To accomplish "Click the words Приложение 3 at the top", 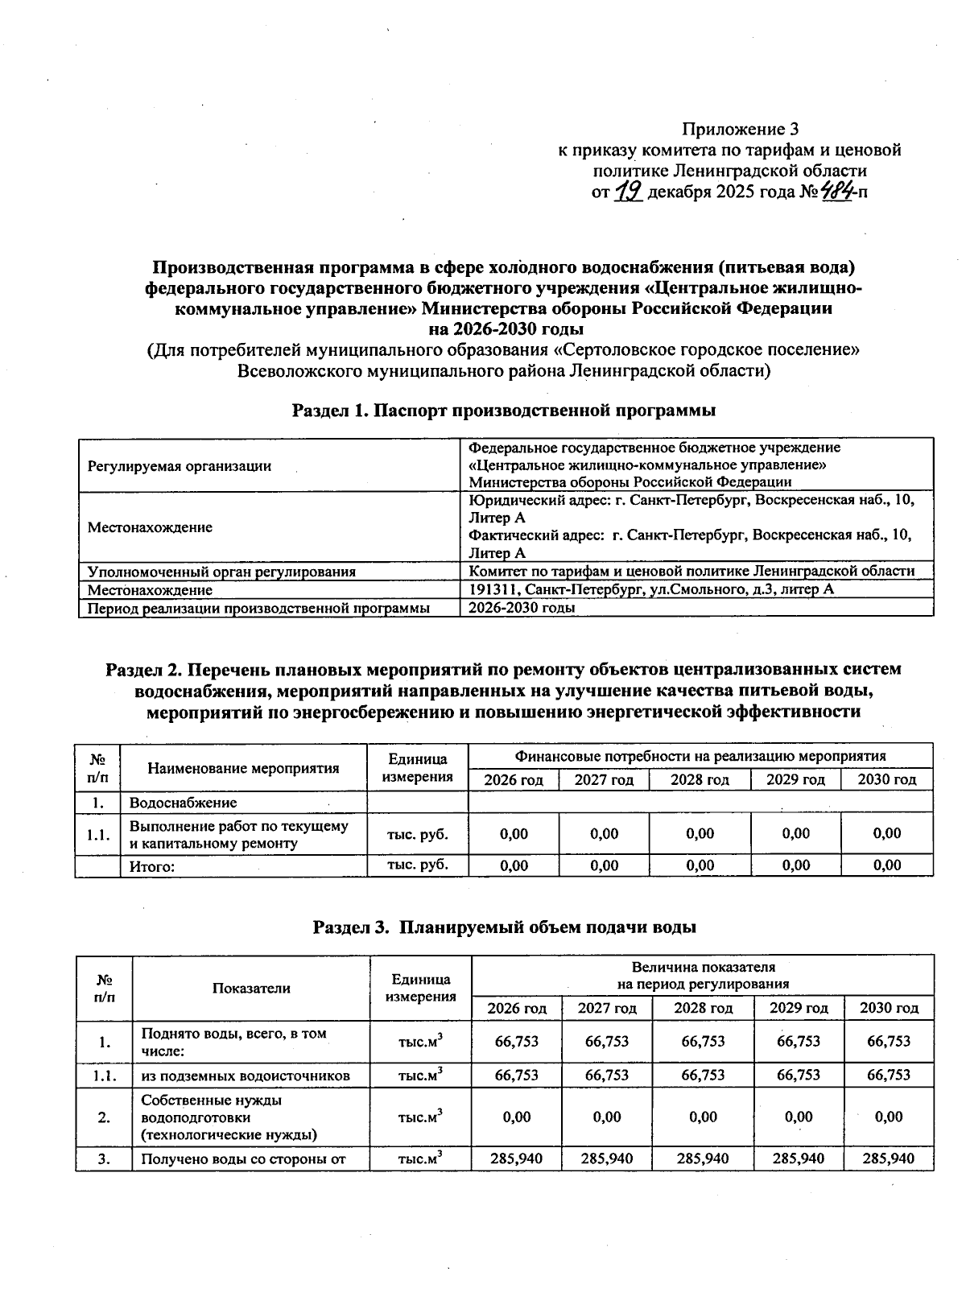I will coord(740,129).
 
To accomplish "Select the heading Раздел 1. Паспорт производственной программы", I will coord(504,411).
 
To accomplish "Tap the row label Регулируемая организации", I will coord(180,465).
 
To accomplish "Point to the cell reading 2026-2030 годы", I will coord(522,608).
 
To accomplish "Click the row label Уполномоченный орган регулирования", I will coord(221,572).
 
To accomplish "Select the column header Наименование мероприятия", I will coord(244,768).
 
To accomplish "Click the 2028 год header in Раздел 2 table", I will coord(700,779).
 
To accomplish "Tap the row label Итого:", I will coord(153,866).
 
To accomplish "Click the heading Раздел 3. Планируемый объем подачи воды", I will coord(504,927).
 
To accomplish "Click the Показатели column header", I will coord(251,988).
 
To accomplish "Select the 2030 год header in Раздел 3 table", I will coord(889,1008).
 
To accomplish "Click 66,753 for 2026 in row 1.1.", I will coord(516,1075).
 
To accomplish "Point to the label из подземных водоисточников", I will coord(246,1076).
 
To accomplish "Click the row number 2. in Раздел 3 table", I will coord(104,1117).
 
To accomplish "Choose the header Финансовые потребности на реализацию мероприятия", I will coord(700,756).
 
